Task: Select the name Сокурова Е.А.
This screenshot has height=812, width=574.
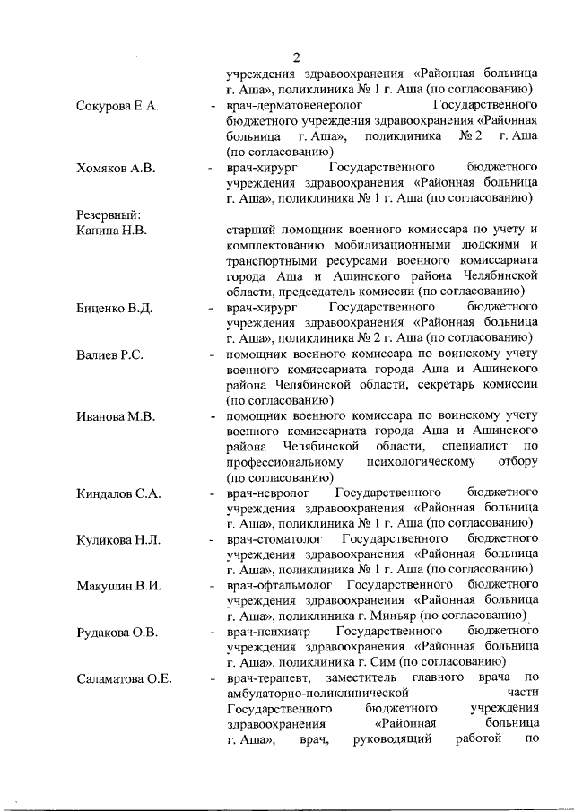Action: coord(117,106)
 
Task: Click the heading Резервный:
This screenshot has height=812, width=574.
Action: coord(109,214)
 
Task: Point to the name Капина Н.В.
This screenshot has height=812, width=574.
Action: coord(111,231)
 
